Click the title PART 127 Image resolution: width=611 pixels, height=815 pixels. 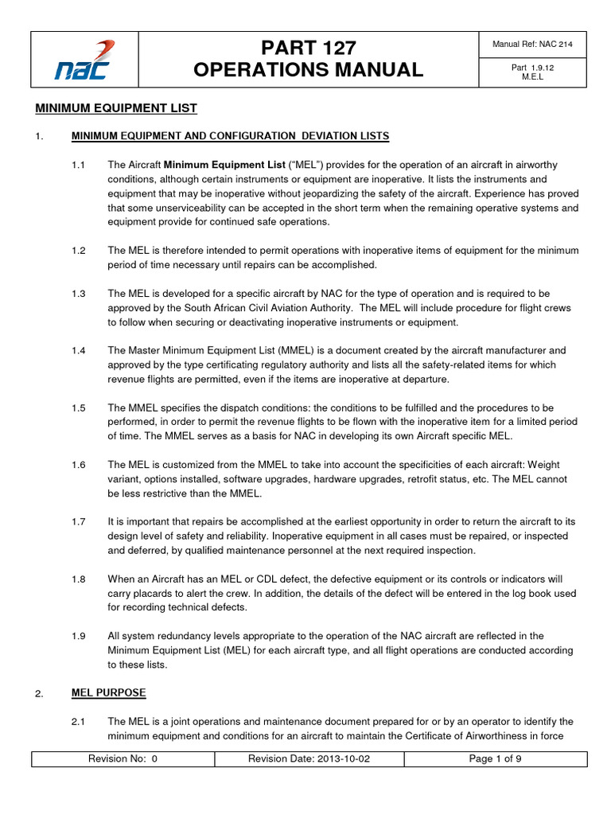coord(308,46)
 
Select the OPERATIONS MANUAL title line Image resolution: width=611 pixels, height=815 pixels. coord(308,70)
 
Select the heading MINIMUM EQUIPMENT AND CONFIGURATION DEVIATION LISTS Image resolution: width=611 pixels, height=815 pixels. coord(230,136)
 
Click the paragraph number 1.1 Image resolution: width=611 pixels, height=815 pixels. coord(78,165)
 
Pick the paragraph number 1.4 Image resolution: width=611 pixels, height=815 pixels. coord(78,350)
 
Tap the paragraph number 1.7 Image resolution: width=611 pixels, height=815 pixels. coord(78,521)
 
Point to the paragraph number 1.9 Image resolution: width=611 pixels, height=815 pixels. coord(78,636)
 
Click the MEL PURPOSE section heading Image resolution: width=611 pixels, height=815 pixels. coord(108,692)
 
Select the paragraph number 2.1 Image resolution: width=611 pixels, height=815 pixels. coord(78,721)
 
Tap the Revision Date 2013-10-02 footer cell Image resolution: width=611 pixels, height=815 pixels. coord(309,758)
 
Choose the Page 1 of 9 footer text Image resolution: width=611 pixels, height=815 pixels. coord(495,758)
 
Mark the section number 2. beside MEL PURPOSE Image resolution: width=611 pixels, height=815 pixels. coord(38,694)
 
